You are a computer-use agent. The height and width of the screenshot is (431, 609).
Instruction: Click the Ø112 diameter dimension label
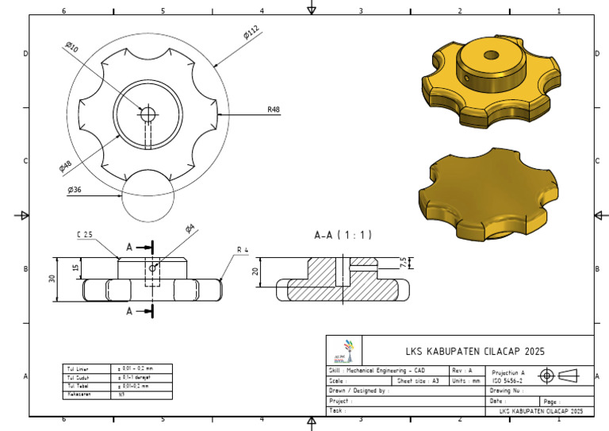(251, 33)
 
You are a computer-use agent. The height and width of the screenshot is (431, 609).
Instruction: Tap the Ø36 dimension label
(75, 190)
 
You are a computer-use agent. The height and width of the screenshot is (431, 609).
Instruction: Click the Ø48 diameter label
(67, 164)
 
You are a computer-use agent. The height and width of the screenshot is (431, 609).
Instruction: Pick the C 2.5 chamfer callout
(86, 235)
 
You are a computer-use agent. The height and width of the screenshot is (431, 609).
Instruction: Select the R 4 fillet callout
(243, 250)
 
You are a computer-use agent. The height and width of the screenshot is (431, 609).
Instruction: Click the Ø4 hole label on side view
(190, 229)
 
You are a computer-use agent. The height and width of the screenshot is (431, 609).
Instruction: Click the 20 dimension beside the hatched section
(256, 271)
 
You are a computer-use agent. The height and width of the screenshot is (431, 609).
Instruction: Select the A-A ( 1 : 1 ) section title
(343, 235)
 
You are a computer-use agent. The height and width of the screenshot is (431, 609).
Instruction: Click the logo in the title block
(346, 350)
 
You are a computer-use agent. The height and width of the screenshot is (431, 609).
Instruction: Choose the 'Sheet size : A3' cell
(417, 380)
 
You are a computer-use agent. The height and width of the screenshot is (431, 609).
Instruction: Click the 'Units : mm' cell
(466, 380)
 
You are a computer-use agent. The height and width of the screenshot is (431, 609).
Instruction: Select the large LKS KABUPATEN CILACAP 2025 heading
(476, 351)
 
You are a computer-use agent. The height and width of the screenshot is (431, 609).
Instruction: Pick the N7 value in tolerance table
(122, 394)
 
